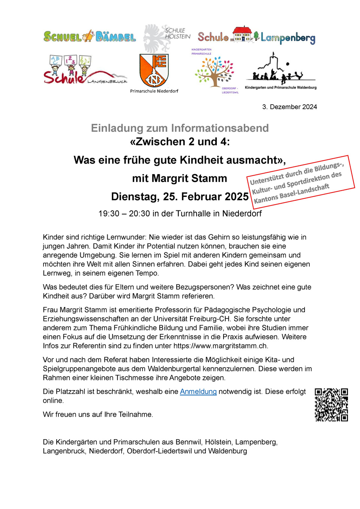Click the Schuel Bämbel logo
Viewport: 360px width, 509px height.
(x=90, y=36)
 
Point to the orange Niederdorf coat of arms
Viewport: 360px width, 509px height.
(x=154, y=70)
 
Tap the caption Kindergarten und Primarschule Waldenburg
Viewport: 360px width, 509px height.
(x=280, y=88)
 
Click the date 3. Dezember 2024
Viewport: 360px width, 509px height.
(x=289, y=107)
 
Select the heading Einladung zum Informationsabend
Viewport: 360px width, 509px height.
(x=180, y=128)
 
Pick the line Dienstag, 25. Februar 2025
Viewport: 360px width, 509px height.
(x=180, y=197)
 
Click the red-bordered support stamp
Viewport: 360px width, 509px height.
(x=300, y=182)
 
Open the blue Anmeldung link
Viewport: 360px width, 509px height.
(x=198, y=392)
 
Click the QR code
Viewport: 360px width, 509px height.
(x=331, y=405)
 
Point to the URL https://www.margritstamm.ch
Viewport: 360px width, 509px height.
(x=220, y=346)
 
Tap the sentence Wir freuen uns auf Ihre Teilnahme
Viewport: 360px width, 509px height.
(x=98, y=414)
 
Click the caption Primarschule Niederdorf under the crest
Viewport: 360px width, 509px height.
(x=154, y=91)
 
